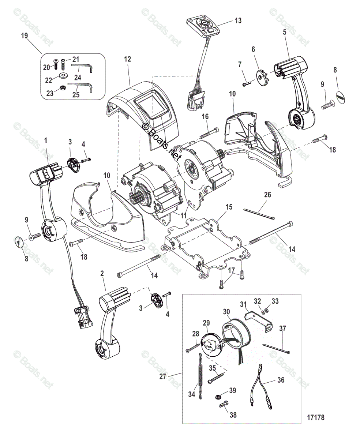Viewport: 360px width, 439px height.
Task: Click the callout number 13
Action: (x=238, y=21)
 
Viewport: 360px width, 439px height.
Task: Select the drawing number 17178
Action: (x=315, y=417)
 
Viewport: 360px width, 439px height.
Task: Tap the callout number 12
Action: (x=127, y=59)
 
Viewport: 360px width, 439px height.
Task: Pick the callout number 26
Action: (x=267, y=195)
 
